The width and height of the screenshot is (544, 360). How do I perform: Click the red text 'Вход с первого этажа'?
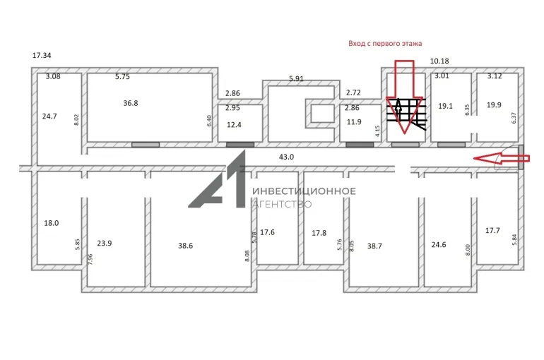coord(385,44)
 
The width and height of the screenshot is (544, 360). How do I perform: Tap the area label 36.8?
coord(131,103)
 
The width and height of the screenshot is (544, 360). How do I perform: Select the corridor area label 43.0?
coord(286,157)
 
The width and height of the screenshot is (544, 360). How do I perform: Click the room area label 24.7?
coord(49,116)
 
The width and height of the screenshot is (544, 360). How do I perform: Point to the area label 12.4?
coord(234,125)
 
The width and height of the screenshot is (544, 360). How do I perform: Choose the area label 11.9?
coord(354,122)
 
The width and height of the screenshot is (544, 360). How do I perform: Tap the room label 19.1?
coord(445,106)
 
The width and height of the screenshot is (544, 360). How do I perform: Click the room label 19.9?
coord(494,105)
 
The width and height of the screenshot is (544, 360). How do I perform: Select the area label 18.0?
coord(52,223)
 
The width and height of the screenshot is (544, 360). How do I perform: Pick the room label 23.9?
coord(105,244)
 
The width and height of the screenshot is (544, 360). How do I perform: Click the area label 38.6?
coord(186,246)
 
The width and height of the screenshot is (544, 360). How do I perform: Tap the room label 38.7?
coord(374,246)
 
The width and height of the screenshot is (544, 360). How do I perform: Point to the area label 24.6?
coord(439,245)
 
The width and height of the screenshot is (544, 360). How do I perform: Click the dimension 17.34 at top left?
coord(42,56)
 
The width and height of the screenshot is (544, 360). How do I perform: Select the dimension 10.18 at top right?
coord(439,61)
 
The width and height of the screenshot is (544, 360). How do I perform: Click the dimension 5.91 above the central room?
coord(296,78)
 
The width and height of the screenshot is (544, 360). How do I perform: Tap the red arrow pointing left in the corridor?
coord(502,158)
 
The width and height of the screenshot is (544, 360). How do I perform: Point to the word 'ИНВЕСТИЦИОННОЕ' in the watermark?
coord(304,191)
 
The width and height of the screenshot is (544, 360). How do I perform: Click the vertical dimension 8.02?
coord(77,119)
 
